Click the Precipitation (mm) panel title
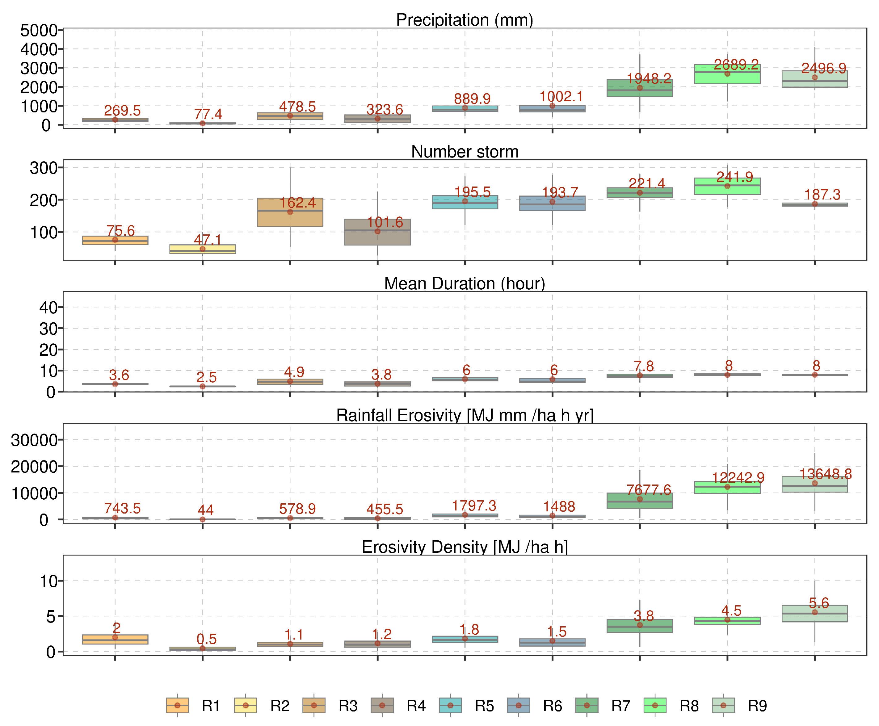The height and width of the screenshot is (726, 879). point(464,20)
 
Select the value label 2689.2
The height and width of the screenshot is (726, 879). point(736,65)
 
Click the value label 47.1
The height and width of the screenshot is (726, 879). point(208,240)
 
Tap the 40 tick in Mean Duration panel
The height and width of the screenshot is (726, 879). point(48,307)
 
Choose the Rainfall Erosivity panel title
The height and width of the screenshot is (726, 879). point(464,415)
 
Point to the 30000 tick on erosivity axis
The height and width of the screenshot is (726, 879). point(34,440)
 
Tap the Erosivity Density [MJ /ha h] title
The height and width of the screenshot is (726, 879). point(464,547)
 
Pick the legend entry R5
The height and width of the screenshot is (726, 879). point(484,706)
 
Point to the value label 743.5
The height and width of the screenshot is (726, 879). point(122,509)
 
